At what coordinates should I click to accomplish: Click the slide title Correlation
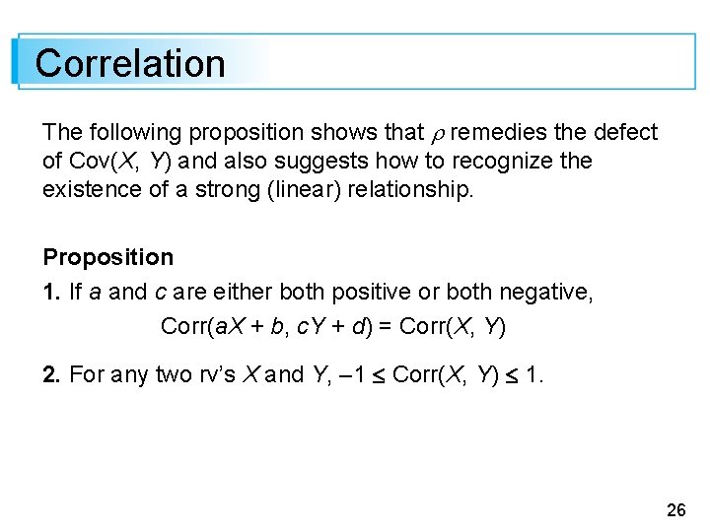(130, 63)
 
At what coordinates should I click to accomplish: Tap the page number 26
(676, 509)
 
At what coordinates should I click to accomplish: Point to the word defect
(623, 132)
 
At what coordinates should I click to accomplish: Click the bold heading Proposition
(107, 257)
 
